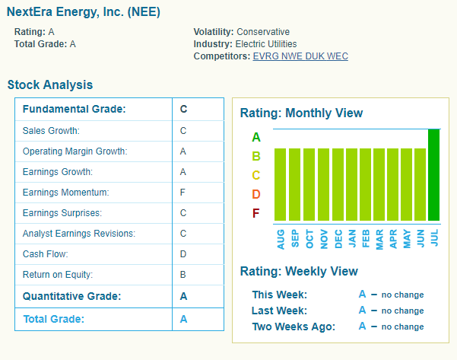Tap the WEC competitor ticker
click(x=338, y=56)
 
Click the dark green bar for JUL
click(x=434, y=174)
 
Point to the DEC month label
click(x=338, y=239)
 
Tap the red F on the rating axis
click(x=256, y=212)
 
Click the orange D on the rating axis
click(x=256, y=194)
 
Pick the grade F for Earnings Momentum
click(x=183, y=193)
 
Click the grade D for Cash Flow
click(x=183, y=254)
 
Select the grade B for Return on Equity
click(x=183, y=275)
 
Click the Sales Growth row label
click(x=51, y=131)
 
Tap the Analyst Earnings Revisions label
click(x=78, y=234)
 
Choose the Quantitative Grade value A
click(x=183, y=296)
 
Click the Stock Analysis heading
click(x=50, y=85)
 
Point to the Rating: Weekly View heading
click(x=299, y=272)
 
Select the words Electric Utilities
click(x=267, y=44)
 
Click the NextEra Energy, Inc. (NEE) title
click(x=83, y=13)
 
